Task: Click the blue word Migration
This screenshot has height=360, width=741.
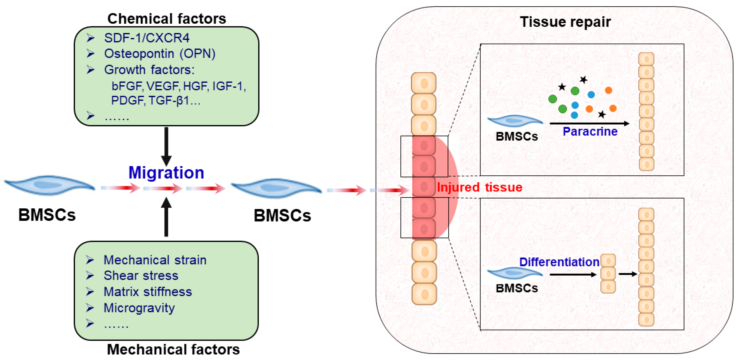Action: [166, 173]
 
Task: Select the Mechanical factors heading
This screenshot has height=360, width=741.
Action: [173, 349]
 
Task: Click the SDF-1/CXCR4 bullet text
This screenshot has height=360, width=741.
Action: [147, 38]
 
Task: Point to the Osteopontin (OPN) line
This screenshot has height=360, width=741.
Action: [160, 54]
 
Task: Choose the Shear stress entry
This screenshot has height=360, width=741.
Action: [141, 276]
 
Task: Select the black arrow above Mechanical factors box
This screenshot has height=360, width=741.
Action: [166, 217]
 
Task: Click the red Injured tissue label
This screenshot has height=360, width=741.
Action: [479, 187]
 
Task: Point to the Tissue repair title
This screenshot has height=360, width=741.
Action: [565, 22]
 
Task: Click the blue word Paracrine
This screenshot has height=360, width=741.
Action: [590, 132]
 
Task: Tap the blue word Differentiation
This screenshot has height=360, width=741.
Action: [559, 262]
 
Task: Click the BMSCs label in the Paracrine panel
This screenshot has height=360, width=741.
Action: [516, 136]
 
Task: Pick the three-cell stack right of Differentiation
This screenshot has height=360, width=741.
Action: [608, 274]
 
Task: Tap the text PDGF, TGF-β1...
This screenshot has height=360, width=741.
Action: [155, 101]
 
